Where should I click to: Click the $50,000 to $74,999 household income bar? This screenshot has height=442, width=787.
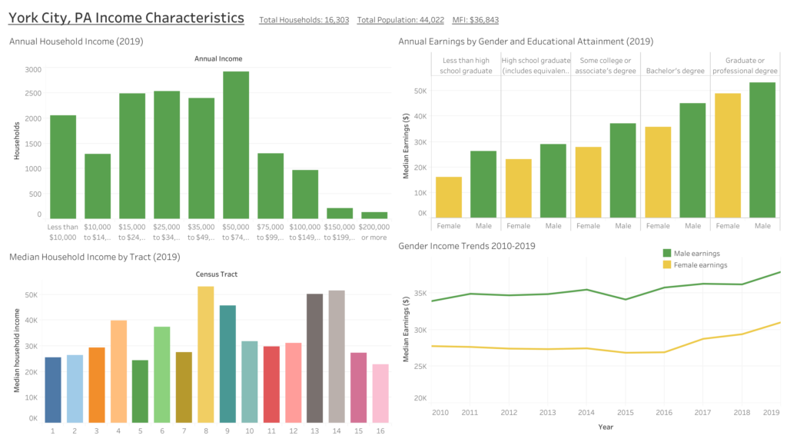click(x=236, y=145)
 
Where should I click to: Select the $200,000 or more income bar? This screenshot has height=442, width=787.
click(x=374, y=215)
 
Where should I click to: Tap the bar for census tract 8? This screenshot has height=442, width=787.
click(x=205, y=354)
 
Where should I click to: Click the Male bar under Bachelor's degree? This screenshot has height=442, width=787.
click(x=693, y=161)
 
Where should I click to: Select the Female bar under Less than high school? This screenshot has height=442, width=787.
click(x=449, y=198)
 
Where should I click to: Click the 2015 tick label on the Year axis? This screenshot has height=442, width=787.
click(x=626, y=414)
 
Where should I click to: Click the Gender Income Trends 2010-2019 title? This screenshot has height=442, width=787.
click(x=467, y=246)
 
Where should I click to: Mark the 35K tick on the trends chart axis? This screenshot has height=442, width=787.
click(x=420, y=293)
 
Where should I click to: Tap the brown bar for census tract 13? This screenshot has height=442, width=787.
click(x=315, y=358)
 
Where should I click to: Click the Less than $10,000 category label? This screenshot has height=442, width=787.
click(x=62, y=231)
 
